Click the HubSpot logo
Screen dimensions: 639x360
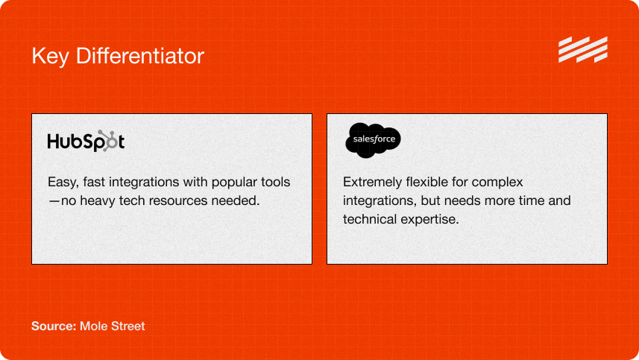tap(86, 141)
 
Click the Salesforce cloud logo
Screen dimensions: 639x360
tap(373, 139)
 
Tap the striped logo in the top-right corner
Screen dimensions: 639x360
tap(583, 49)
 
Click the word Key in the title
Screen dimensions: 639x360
tap(50, 56)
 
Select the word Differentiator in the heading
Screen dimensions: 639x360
tap(139, 56)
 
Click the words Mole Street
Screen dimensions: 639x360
tap(112, 326)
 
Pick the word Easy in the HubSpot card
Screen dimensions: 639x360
tap(63, 183)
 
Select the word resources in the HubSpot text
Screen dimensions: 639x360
tap(177, 200)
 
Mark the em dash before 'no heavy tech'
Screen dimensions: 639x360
tap(54, 200)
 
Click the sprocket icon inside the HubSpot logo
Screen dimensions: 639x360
tap(108, 141)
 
